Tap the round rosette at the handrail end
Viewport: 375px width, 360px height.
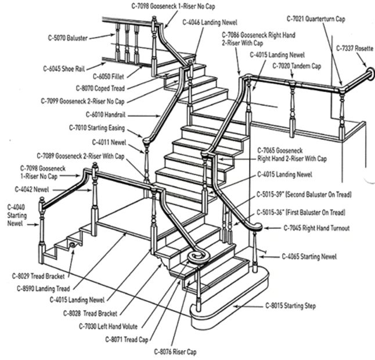pyautogui.click(x=369, y=74)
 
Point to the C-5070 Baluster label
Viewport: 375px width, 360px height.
pyautogui.click(x=68, y=38)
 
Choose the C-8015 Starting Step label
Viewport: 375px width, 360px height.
pyautogui.click(x=291, y=305)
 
